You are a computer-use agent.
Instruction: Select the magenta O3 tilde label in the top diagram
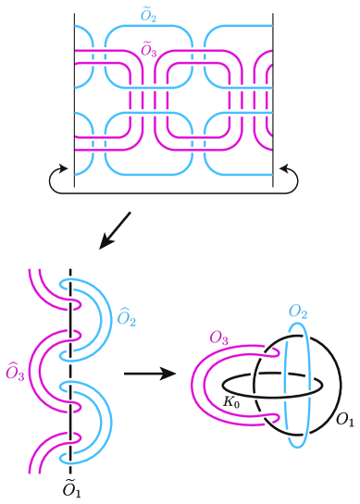pyautogui.click(x=147, y=48)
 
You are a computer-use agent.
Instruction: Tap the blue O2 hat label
pyautogui.click(x=126, y=321)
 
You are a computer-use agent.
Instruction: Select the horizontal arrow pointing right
pyautogui.click(x=149, y=375)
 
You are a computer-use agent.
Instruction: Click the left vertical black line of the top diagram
pyautogui.click(x=75, y=92)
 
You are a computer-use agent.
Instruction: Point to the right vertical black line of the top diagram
pyautogui.click(x=273, y=92)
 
